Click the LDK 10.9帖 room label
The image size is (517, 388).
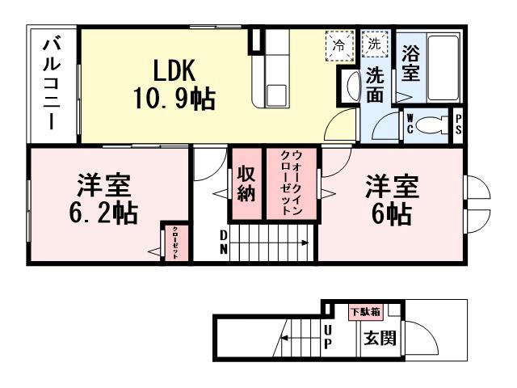click(174, 84)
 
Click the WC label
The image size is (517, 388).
click(411, 125)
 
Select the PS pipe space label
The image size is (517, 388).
click(458, 126)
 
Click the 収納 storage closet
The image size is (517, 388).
click(246, 184)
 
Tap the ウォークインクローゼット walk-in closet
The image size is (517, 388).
click(291, 184)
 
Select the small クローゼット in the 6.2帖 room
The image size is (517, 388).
click(175, 241)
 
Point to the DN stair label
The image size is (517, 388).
click(224, 242)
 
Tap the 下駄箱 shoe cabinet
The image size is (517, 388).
click(366, 311)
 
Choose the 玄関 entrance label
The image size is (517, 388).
click(380, 339)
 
